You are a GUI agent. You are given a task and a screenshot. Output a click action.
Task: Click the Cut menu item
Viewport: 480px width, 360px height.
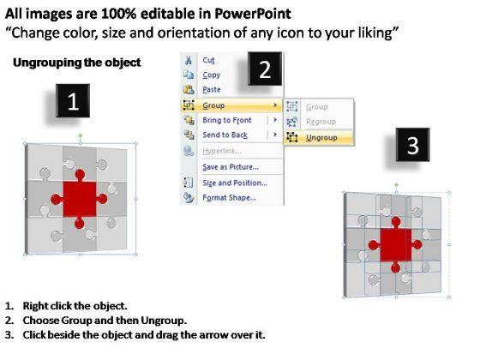coord(208,60)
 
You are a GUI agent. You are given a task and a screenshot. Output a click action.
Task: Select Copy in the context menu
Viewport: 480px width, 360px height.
coord(211,75)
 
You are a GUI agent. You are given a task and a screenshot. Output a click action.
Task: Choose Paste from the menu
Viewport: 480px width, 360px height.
coord(212,89)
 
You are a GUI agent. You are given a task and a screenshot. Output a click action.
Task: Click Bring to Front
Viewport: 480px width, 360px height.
coord(227,120)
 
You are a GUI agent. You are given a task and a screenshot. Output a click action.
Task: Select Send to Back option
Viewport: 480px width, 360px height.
coord(225,135)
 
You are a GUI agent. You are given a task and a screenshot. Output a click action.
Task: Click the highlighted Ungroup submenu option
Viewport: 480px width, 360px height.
coord(321,138)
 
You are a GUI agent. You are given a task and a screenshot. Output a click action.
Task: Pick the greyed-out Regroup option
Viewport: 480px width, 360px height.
coord(321,122)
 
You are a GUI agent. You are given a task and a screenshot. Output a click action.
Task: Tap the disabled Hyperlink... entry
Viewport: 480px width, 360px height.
coord(222,151)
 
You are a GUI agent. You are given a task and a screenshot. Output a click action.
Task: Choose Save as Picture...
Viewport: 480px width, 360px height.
coord(231,167)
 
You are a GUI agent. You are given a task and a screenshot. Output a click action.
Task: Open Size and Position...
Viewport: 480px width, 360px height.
coord(235,183)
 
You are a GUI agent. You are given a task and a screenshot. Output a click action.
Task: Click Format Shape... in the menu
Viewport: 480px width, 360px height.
coord(229,197)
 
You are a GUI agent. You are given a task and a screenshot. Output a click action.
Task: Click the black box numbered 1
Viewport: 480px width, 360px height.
coord(73,101)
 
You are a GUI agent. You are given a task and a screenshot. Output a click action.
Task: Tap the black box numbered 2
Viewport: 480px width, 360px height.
coord(265,69)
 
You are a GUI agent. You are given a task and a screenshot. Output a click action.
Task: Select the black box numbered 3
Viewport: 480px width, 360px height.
coord(412,145)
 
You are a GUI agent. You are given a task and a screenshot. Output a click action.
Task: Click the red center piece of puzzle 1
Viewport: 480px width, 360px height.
coord(79,199)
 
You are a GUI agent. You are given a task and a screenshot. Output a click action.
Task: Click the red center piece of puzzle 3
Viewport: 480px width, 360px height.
coord(395,245)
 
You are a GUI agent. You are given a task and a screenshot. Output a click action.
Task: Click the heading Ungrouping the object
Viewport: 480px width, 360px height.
coord(77,63)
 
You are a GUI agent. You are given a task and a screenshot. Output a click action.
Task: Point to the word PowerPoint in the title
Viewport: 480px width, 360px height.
coord(253,14)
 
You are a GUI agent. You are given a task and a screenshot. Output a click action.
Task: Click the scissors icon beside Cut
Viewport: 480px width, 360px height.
coord(189,60)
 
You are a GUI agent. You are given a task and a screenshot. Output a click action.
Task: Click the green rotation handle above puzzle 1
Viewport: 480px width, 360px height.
coord(81,135)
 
